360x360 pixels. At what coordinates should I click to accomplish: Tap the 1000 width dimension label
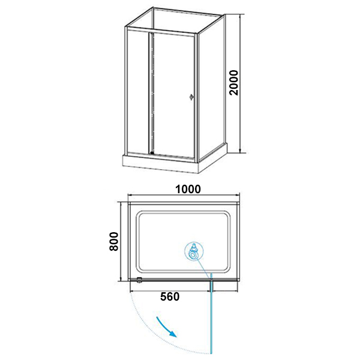pos(187,189)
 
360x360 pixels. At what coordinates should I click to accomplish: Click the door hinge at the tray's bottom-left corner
pos(139,279)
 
